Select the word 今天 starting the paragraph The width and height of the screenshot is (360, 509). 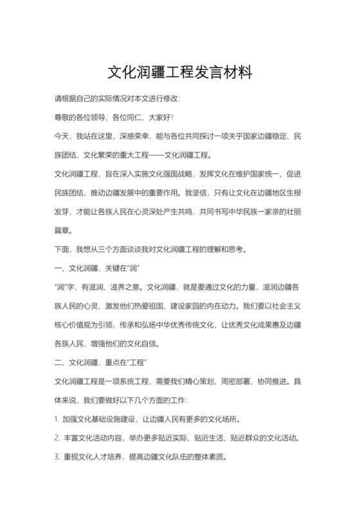click(x=62, y=136)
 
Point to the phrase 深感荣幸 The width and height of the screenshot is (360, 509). click(x=132, y=136)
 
